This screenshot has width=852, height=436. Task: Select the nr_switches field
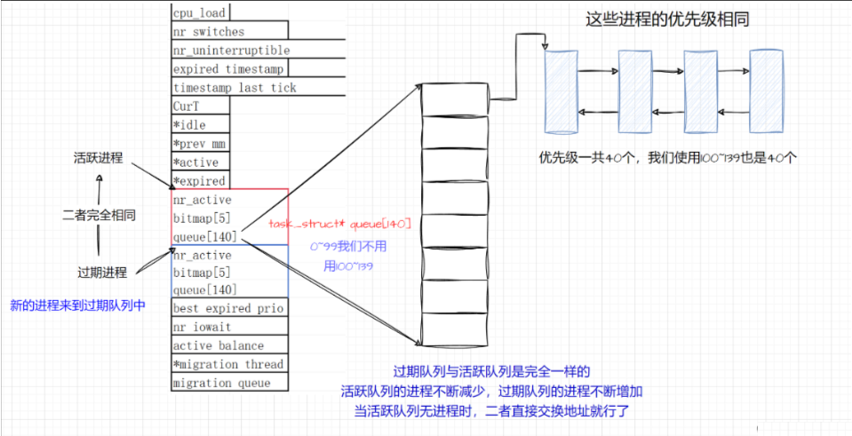tap(209, 31)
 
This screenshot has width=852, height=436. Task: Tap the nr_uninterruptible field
tap(231, 50)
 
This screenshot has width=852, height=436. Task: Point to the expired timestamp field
tap(229, 68)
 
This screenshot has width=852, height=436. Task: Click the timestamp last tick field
tap(235, 87)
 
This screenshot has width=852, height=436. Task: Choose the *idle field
tap(189, 124)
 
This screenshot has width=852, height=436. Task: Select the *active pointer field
tap(195, 162)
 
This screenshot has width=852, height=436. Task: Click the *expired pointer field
tap(199, 180)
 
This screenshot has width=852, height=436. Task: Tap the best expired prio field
tap(228, 308)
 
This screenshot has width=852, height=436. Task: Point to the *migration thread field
tap(228, 364)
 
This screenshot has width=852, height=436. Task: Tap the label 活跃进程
tap(98, 159)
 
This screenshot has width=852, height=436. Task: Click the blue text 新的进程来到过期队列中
tap(77, 305)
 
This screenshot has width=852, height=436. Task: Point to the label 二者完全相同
tap(99, 215)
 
